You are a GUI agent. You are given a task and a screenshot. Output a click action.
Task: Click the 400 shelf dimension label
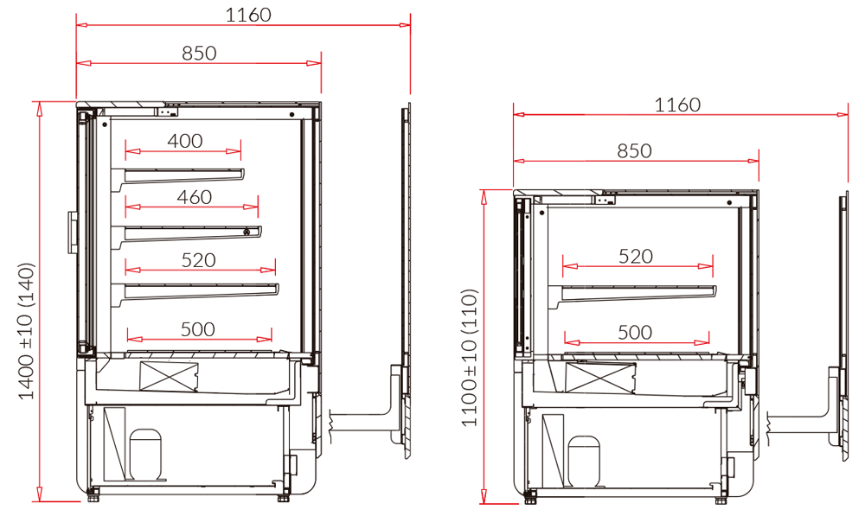click(x=185, y=141)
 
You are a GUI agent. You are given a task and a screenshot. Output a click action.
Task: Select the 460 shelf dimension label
click(x=194, y=197)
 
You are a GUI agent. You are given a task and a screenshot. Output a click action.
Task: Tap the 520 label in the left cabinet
click(x=198, y=260)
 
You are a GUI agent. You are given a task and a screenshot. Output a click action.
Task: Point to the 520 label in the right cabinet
click(x=636, y=257)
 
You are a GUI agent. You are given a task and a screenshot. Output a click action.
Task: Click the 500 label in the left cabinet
click(x=197, y=329)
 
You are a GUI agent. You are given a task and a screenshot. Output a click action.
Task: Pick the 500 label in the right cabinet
click(x=635, y=333)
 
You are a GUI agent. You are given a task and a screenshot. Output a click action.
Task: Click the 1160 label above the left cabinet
click(x=248, y=15)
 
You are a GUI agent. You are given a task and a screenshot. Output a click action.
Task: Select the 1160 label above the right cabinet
click(x=677, y=105)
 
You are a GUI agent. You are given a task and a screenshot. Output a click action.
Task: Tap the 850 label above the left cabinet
click(x=199, y=54)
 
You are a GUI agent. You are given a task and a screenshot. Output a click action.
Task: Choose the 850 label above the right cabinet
click(x=634, y=151)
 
